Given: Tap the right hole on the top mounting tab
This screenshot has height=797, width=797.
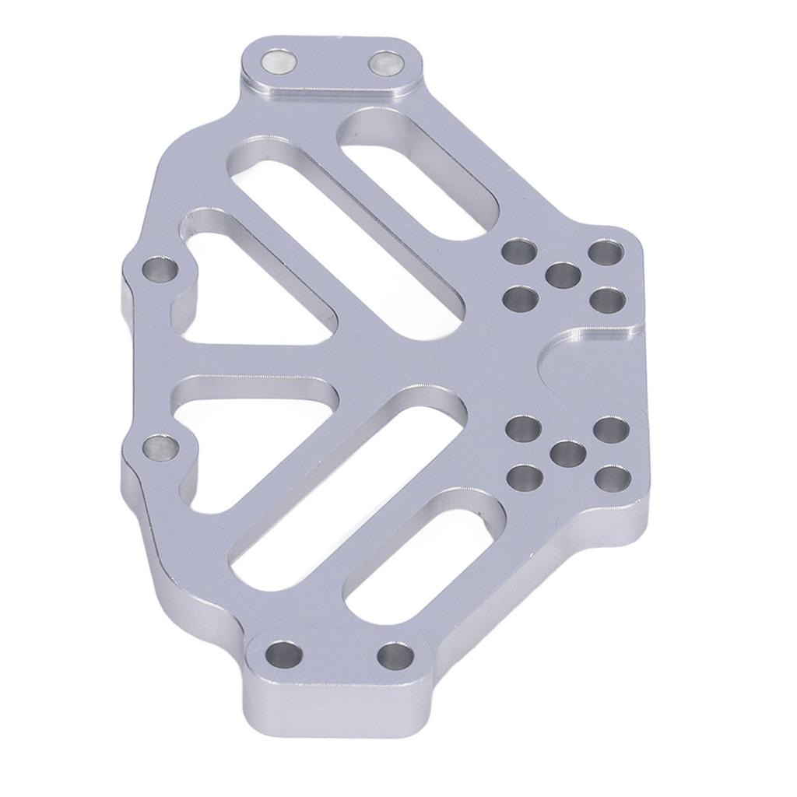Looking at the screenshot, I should [384, 62].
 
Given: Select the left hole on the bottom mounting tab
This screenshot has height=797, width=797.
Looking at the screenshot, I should [283, 654].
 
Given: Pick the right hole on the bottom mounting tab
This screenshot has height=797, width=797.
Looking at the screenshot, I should [395, 655].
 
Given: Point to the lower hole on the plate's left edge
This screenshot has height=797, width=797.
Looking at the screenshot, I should [161, 447].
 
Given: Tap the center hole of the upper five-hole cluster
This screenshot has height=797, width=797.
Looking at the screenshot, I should [564, 275].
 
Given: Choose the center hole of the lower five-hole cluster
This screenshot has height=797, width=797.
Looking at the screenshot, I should [568, 453].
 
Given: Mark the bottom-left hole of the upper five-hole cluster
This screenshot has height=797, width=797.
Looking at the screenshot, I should [521, 297].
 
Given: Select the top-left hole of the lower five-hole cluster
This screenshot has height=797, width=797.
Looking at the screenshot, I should [524, 428].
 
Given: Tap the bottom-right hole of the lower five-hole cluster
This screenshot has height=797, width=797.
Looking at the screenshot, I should [613, 478].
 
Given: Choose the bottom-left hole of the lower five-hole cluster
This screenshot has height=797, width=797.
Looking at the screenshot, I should [525, 476].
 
